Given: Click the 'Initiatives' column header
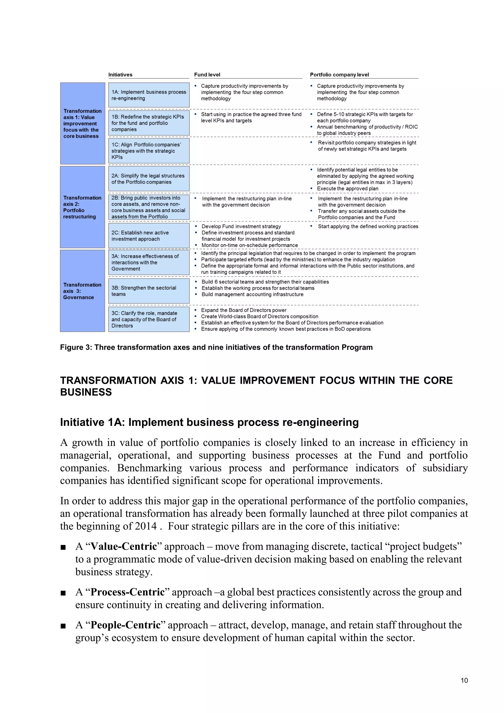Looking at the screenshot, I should pyautogui.click(x=120, y=75).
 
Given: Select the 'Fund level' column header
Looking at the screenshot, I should pyautogui.click(x=207, y=75).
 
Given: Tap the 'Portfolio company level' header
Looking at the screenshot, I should pyautogui.click(x=339, y=75).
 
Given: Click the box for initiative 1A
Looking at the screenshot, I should pyautogui.click(x=149, y=95).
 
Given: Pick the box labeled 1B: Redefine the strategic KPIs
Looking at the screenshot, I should pyautogui.click(x=149, y=123).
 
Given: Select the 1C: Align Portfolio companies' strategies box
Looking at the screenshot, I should pyautogui.click(x=149, y=151).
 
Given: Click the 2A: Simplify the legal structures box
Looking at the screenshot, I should pyautogui.click(x=149, y=179).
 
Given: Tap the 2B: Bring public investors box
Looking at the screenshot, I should pyautogui.click(x=149, y=207).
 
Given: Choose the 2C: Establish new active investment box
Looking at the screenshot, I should pyautogui.click(x=149, y=236).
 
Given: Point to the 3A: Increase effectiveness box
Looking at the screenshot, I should pyautogui.click(x=149, y=262).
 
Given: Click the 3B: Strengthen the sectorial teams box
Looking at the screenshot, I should pyautogui.click(x=149, y=291).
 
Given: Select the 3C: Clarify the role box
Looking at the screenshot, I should pyautogui.click(x=149, y=319).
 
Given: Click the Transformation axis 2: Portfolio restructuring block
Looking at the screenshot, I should pyautogui.click(x=82, y=207).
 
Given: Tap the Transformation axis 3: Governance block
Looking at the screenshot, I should pyautogui.click(x=82, y=291).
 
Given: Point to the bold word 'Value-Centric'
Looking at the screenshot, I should pyautogui.click(x=124, y=546).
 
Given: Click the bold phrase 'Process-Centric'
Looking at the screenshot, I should pyautogui.click(x=127, y=592).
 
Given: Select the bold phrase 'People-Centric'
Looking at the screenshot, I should pyautogui.click(x=125, y=625).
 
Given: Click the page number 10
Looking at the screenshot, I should pyautogui.click(x=464, y=681).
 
